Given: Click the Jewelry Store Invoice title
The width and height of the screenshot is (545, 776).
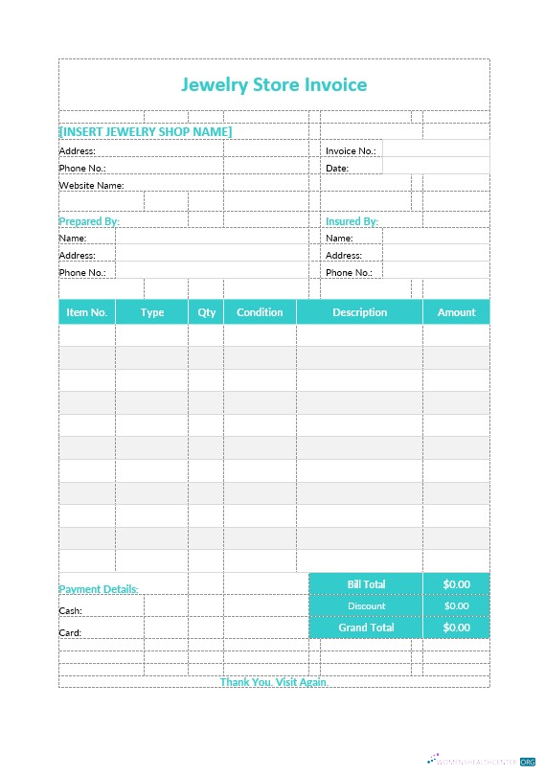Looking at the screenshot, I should (x=274, y=85).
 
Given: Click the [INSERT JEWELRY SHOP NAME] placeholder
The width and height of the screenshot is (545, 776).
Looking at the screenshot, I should (x=146, y=131).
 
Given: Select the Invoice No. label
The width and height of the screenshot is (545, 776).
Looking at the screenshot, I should (x=351, y=150).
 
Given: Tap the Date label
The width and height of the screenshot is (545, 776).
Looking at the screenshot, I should (x=337, y=168).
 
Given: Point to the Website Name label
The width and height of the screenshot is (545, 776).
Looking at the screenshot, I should (x=91, y=185).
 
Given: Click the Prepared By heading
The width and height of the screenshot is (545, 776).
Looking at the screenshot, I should (x=89, y=221).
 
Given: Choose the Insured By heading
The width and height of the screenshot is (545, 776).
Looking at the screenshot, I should (x=352, y=221).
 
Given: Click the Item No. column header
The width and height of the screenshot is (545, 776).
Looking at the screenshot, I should (x=86, y=312).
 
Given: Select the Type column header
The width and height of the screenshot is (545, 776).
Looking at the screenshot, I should (x=152, y=312).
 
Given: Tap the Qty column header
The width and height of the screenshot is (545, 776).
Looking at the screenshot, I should (x=207, y=312).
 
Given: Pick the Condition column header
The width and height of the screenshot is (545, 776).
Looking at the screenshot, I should (x=260, y=312).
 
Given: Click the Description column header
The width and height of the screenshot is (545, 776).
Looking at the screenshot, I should (x=360, y=312).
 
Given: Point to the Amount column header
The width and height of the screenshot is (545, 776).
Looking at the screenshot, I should (x=457, y=312).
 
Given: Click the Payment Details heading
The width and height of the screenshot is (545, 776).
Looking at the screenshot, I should (x=99, y=589).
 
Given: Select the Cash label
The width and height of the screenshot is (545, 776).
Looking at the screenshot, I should (x=70, y=610).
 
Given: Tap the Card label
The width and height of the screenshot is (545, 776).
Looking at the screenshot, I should (x=70, y=632).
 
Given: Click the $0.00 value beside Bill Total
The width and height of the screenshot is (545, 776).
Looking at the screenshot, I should (x=457, y=583).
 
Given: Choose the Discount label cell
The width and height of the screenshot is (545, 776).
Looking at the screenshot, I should (x=367, y=605).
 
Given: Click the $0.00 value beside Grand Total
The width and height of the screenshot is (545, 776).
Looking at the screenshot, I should (x=457, y=628).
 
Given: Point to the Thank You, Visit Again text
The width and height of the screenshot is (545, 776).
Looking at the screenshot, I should (x=274, y=682).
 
